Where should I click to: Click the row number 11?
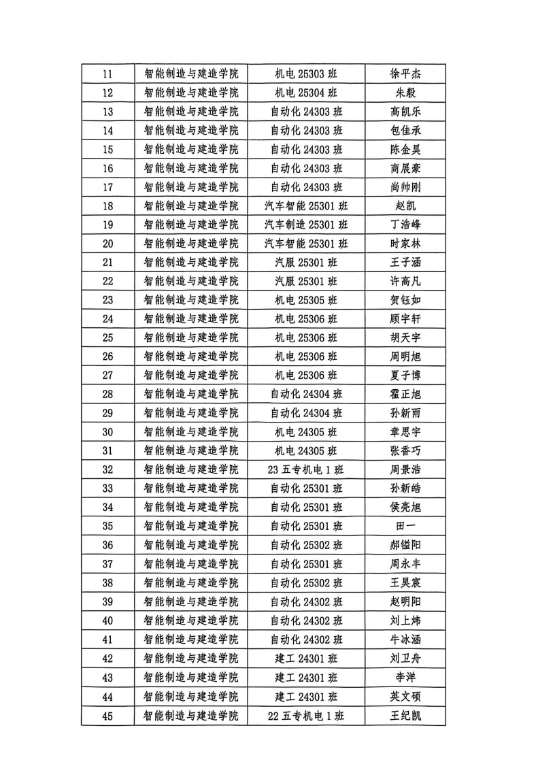(x=107, y=73)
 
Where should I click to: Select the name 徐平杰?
(x=405, y=73)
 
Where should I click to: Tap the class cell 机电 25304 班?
(x=306, y=93)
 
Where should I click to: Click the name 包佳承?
(x=405, y=131)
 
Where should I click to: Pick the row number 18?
(x=107, y=205)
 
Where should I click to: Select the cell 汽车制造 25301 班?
(x=306, y=225)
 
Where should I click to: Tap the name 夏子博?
(x=405, y=375)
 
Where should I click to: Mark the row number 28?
(x=107, y=394)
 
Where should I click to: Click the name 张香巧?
(x=405, y=450)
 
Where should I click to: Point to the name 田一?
(x=405, y=526)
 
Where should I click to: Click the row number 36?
(x=107, y=545)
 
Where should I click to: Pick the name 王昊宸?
(x=405, y=582)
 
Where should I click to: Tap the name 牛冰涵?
(x=405, y=640)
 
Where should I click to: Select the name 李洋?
(x=405, y=678)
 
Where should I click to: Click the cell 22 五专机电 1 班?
(x=306, y=716)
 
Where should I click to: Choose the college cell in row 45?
(x=191, y=716)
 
